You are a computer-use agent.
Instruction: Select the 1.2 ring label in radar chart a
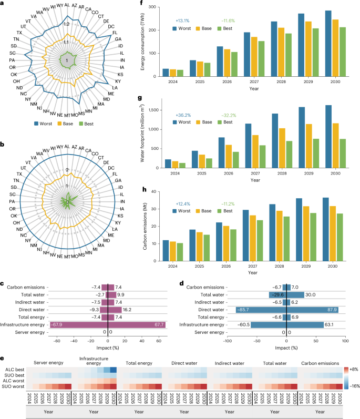tap(66, 24)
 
